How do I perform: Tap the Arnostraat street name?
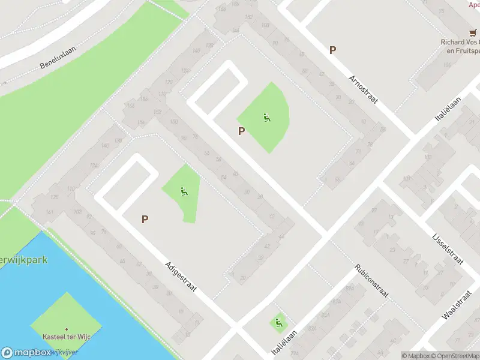[363, 89]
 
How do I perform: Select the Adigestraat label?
[180, 279]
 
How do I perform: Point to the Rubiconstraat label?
[371, 281]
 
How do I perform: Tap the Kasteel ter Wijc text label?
[67, 338]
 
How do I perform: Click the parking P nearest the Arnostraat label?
[332, 50]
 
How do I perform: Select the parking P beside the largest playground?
[241, 131]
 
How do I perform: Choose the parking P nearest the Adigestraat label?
[145, 220]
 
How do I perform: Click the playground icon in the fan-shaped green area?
[266, 118]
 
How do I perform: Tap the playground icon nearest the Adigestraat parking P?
[184, 192]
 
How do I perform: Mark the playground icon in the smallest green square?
[278, 324]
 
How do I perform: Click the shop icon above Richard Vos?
[472, 33]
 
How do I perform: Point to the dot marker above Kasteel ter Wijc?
[67, 329]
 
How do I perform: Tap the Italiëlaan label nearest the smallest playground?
[287, 341]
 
